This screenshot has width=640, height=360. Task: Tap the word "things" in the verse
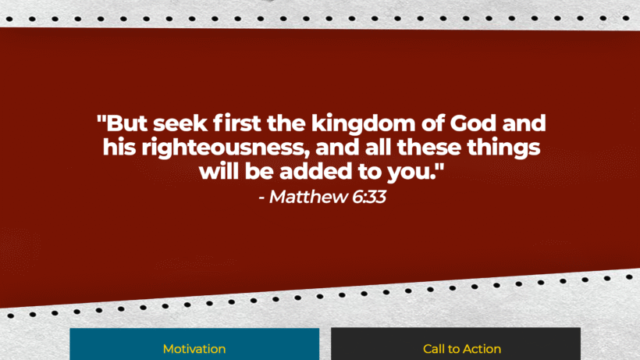(507, 147)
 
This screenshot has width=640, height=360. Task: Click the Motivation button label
(194, 349)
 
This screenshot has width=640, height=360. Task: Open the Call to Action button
(462, 349)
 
